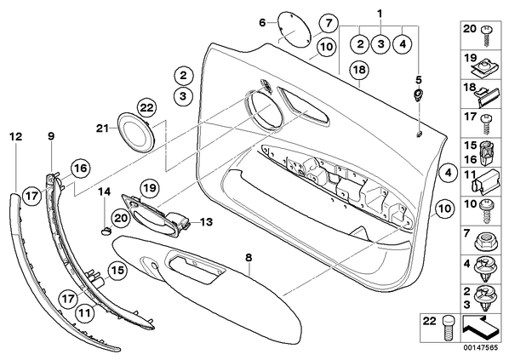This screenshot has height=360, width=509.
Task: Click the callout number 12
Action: (16, 137)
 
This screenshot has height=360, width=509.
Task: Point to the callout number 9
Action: (51, 136)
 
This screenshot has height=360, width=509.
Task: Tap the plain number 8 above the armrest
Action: (249, 258)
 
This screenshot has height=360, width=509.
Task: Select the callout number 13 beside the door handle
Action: (206, 222)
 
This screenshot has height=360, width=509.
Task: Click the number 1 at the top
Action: (380, 14)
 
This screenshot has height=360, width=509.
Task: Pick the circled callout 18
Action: (360, 70)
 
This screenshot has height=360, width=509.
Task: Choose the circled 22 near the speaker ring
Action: (146, 108)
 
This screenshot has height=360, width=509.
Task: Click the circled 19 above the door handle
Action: (149, 188)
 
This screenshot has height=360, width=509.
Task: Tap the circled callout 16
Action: (80, 169)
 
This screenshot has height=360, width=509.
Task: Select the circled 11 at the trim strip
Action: (84, 313)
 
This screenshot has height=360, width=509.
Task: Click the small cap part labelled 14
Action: (106, 231)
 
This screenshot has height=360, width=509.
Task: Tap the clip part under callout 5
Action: (418, 94)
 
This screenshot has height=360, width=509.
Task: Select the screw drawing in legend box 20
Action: (486, 37)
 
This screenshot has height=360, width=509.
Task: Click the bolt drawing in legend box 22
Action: (448, 329)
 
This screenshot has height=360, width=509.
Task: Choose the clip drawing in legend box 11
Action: (486, 182)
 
